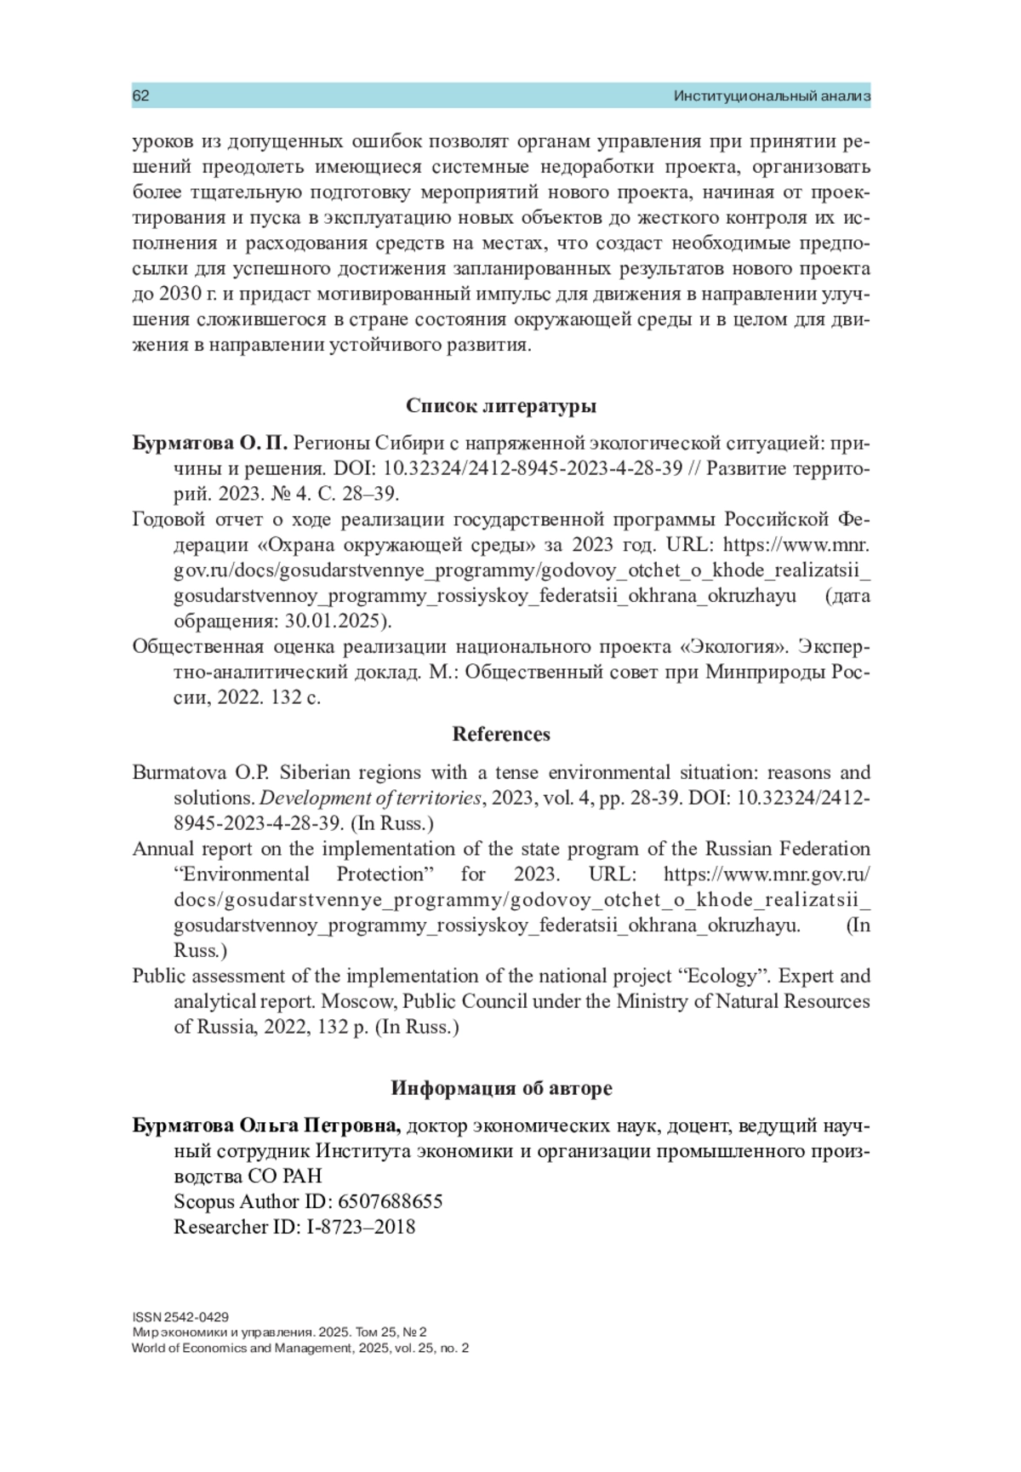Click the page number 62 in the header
[x=141, y=96]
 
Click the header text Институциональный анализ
[x=771, y=96]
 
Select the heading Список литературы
[x=500, y=406]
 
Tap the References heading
[x=500, y=734]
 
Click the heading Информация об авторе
[x=500, y=1088]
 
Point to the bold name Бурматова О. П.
[x=210, y=444]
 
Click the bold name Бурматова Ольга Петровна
[x=266, y=1125]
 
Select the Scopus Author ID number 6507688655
[x=391, y=1201]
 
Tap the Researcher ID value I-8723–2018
[x=361, y=1227]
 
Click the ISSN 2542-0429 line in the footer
[x=180, y=1317]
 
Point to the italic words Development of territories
[x=369, y=798]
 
